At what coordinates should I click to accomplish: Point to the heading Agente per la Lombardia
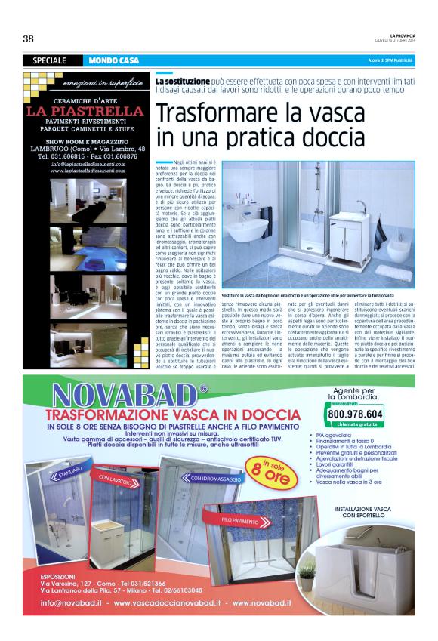pos(354,391)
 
